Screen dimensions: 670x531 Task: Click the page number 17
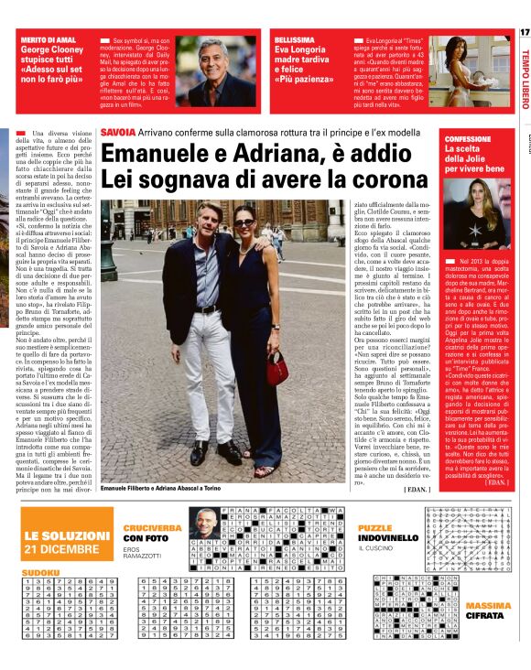(x=524, y=33)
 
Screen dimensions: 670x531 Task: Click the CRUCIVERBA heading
(x=151, y=528)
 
